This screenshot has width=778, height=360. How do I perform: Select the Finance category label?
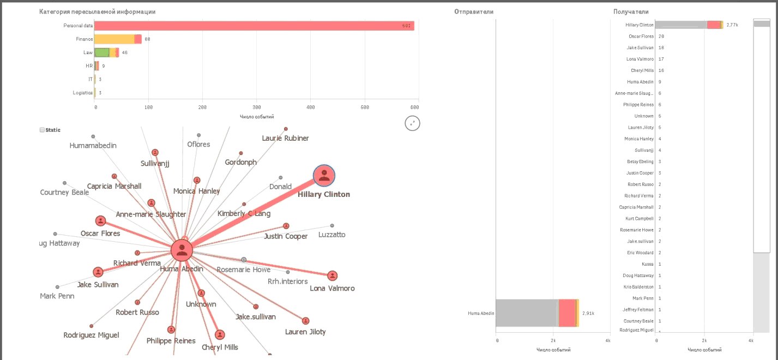tap(85, 39)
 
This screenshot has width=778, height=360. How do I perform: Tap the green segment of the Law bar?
tap(101, 52)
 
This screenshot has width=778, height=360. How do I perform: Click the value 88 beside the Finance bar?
tap(147, 39)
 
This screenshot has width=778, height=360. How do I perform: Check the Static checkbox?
tap(42, 130)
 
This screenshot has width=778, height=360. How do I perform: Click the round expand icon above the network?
tap(412, 123)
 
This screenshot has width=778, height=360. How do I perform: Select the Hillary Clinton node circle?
tap(324, 176)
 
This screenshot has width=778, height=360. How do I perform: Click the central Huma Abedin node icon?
tap(181, 251)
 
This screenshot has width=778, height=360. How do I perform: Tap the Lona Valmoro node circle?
tap(332, 276)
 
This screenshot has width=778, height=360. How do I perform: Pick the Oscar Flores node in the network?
tap(100, 221)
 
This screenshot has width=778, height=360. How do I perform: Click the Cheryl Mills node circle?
tap(219, 335)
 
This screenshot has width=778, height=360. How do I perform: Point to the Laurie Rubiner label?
tap(285, 138)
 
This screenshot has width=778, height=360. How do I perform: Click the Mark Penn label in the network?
tap(57, 296)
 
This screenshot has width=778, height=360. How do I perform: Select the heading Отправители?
tap(474, 12)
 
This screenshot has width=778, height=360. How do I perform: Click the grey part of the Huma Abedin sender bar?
tap(526, 313)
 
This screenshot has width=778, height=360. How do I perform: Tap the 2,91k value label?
tap(588, 313)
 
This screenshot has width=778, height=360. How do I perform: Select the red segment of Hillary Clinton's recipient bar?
tap(714, 25)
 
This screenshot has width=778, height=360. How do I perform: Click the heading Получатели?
tap(631, 12)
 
